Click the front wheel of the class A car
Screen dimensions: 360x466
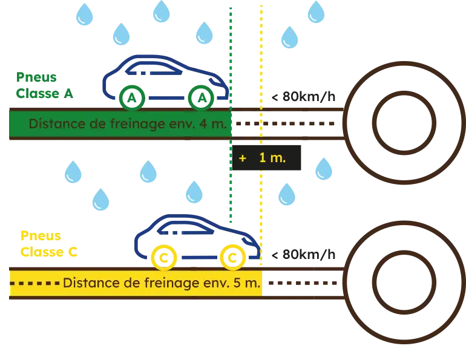click(x=202, y=97)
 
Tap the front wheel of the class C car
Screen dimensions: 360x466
click(x=232, y=257)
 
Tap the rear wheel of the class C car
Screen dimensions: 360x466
click(x=163, y=257)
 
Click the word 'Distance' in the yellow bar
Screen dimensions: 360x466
click(x=85, y=283)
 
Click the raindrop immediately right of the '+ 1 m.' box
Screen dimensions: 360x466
click(x=324, y=169)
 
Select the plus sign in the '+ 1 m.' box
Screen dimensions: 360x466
click(x=243, y=158)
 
